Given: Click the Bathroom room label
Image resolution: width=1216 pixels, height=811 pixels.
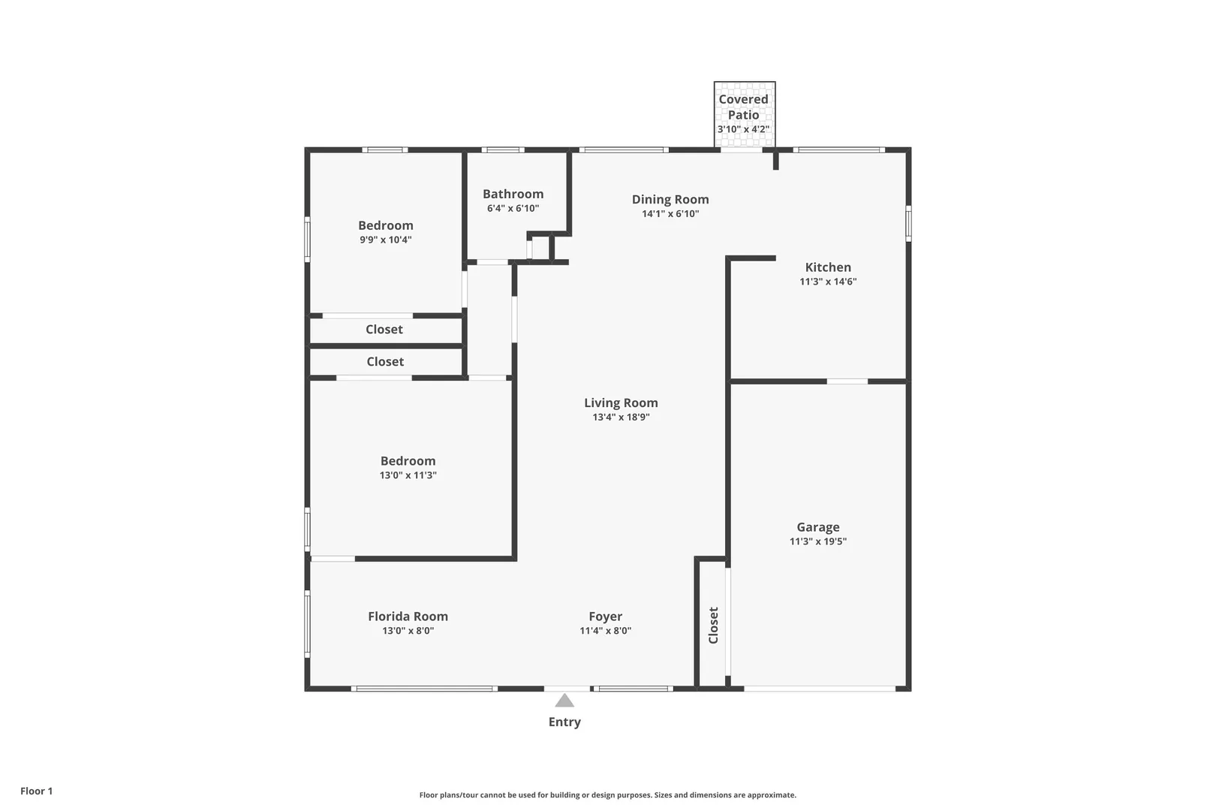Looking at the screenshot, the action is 513,194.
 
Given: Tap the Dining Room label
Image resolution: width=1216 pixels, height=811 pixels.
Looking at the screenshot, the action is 670,199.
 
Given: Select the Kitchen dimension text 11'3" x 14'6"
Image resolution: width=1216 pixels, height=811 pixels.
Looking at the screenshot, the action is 828,282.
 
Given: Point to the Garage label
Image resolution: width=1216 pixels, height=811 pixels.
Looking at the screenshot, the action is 818,527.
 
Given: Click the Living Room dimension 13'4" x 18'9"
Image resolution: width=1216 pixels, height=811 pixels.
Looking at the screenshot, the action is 621,418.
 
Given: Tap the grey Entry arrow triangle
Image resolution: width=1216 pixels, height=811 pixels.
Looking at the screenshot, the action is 564,700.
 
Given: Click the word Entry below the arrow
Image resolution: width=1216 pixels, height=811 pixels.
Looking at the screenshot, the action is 564,722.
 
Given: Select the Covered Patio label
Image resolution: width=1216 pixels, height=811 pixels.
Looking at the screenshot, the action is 744,107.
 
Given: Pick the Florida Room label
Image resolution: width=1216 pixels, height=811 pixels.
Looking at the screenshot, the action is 408,617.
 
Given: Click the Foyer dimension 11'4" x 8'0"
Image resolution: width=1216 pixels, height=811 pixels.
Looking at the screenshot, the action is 605,631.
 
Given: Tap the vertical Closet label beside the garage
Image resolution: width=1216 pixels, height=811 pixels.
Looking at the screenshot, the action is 713,626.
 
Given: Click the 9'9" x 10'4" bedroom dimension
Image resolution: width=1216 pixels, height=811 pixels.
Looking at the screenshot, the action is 385,240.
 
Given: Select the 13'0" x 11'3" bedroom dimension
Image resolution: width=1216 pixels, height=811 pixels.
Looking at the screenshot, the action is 408,475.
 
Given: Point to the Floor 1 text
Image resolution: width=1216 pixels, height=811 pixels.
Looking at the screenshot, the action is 36,791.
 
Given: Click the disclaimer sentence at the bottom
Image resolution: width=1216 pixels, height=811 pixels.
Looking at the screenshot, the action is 607,794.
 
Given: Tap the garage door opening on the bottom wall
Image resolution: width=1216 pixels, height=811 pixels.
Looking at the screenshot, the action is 820,689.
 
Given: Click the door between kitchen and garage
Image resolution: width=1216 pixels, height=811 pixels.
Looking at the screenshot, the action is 847,381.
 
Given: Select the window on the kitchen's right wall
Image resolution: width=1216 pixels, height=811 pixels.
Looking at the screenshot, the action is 909,223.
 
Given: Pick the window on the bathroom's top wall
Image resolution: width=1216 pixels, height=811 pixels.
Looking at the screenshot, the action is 503,150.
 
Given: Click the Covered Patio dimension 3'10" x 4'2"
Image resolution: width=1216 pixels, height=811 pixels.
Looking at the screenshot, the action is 744,129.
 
